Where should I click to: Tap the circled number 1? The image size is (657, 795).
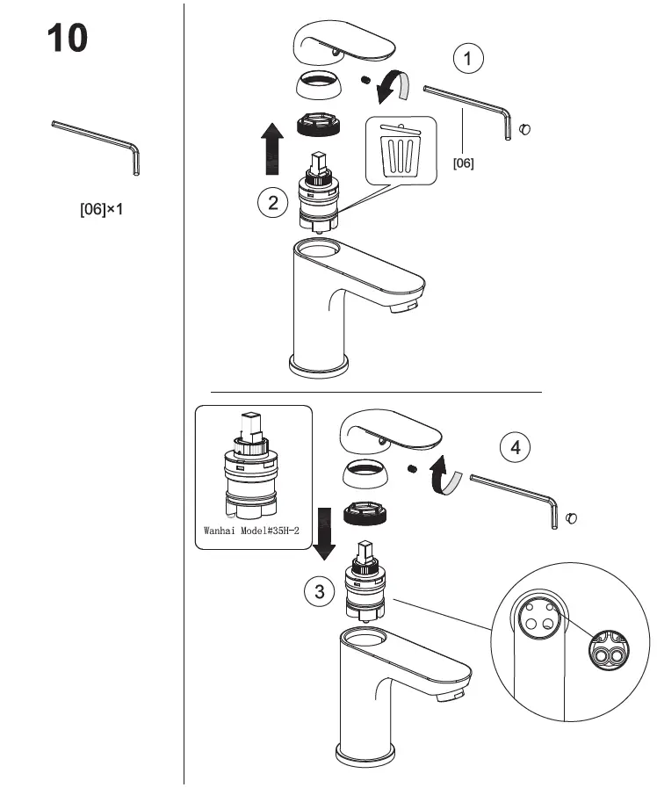pyautogui.click(x=469, y=59)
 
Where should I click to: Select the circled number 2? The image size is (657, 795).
pyautogui.click(x=273, y=204)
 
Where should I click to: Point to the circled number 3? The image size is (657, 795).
pyautogui.click(x=319, y=591)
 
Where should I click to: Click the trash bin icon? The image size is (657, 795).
pyautogui.click(x=401, y=150)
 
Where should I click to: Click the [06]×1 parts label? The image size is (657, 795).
pyautogui.click(x=101, y=211)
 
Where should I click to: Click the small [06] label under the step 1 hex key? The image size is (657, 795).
pyautogui.click(x=463, y=163)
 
